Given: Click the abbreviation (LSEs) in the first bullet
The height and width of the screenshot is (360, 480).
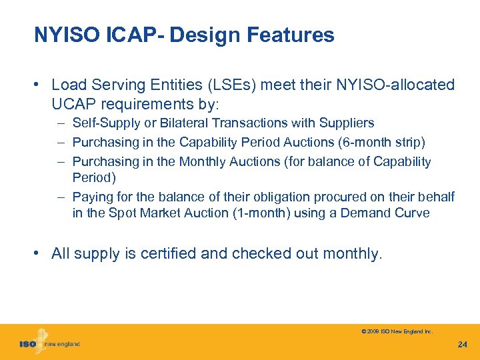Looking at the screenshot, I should coord(234,85).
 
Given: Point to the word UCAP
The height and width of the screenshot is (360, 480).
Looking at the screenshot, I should coord(73,104).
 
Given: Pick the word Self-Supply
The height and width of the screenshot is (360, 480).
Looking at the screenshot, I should coord(104,123).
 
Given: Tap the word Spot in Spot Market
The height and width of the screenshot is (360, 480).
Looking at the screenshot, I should coord(125,213).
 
